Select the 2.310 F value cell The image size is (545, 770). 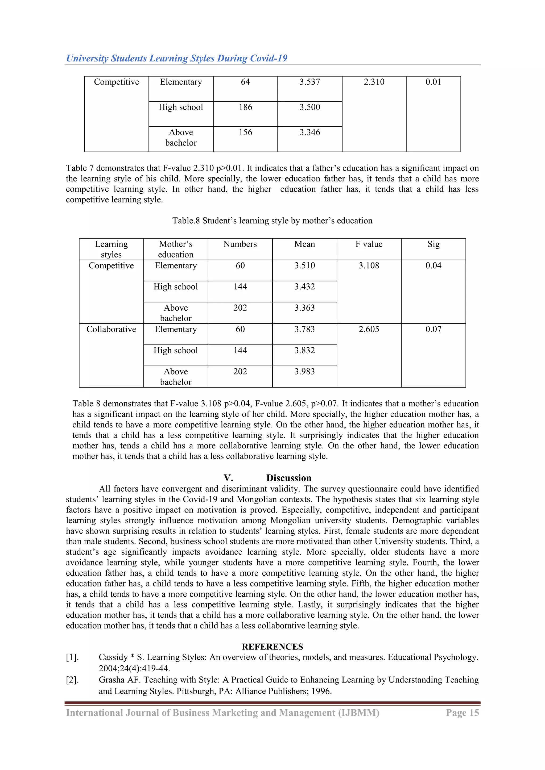(374, 82)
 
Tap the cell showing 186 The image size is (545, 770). (245, 107)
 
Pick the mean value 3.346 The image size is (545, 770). (309, 132)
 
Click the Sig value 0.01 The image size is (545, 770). (433, 82)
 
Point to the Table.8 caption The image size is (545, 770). (272, 221)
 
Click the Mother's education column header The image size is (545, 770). (176, 249)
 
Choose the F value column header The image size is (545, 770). (369, 244)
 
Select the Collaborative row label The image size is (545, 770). (111, 329)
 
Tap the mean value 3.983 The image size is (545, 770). (304, 371)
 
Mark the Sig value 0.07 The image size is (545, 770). (433, 329)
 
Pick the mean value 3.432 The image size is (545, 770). (304, 286)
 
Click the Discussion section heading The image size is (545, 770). (289, 478)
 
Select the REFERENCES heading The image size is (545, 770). (272, 647)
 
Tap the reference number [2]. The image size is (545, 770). (72, 680)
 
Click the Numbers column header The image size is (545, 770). (240, 244)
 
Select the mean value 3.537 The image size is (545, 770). (309, 82)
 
